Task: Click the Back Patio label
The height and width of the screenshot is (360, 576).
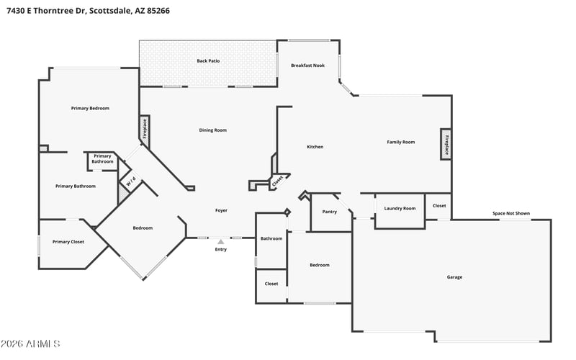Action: pyautogui.click(x=208, y=61)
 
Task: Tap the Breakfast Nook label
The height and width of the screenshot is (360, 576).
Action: pyautogui.click(x=308, y=66)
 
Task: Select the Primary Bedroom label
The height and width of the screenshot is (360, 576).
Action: pyautogui.click(x=90, y=109)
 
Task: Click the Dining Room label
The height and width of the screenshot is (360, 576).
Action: pyautogui.click(x=212, y=130)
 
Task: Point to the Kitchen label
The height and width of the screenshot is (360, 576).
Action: pyautogui.click(x=315, y=147)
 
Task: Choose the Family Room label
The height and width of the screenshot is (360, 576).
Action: pyautogui.click(x=401, y=142)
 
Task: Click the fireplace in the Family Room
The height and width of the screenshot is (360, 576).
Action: pyautogui.click(x=446, y=145)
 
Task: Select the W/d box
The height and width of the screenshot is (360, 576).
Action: pyautogui.click(x=131, y=181)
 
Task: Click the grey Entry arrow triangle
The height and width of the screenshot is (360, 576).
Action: pyautogui.click(x=221, y=242)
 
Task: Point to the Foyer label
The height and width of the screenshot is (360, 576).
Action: pyautogui.click(x=221, y=210)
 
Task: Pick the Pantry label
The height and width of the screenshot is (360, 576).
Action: pyautogui.click(x=330, y=212)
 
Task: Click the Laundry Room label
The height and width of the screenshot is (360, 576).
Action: pyautogui.click(x=400, y=208)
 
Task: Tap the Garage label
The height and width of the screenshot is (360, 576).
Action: pyautogui.click(x=454, y=277)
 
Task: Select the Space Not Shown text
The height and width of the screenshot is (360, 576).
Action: pyautogui.click(x=511, y=213)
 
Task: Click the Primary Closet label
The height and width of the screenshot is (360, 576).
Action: pyautogui.click(x=68, y=242)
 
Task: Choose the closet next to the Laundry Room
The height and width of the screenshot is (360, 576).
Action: pyautogui.click(x=438, y=207)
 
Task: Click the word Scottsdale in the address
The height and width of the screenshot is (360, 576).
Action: pyautogui.click(x=110, y=11)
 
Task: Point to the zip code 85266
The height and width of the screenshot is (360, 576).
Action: pyautogui.click(x=158, y=11)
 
